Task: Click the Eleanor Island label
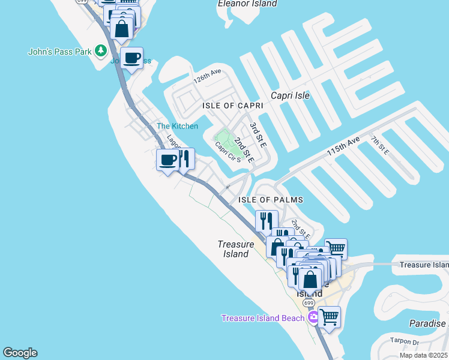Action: click(247, 4)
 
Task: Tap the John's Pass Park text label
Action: click(59, 52)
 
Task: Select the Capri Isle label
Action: click(290, 95)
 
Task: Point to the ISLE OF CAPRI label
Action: click(224, 106)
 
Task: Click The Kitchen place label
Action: click(177, 126)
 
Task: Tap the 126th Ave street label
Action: click(207, 76)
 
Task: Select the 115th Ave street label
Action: click(343, 146)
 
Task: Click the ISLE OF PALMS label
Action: click(271, 200)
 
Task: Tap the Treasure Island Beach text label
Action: click(263, 318)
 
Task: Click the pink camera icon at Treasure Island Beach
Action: click(312, 317)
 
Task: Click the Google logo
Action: click(20, 353)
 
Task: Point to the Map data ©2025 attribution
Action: click(423, 355)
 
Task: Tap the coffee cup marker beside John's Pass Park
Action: click(131, 58)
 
